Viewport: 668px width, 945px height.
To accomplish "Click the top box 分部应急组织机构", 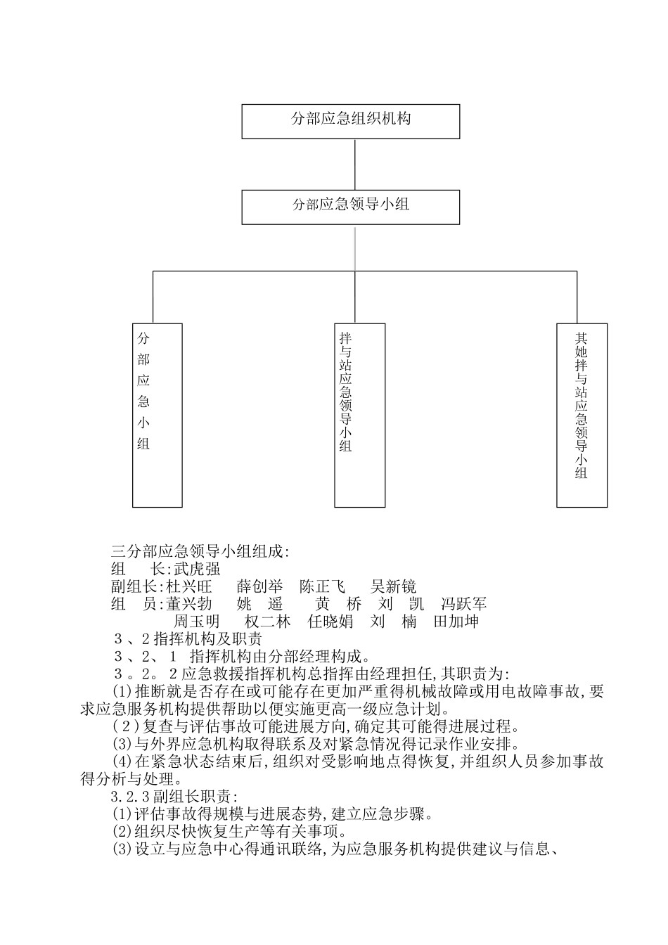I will [351, 121].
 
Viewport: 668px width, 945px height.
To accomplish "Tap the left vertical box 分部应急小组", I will [158, 415].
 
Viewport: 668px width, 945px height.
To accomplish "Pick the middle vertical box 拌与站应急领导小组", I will [359, 415].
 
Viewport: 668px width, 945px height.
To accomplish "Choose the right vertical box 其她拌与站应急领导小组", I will [582, 415].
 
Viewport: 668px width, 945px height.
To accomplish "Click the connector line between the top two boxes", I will [354, 164].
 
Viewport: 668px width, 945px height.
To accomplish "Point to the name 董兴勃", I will [188, 604].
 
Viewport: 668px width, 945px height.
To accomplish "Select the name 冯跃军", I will [463, 604].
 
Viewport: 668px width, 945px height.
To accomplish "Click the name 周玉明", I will [196, 622].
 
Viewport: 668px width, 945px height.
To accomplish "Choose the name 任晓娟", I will [330, 622].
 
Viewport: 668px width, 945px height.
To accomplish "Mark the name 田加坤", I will [456, 622].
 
